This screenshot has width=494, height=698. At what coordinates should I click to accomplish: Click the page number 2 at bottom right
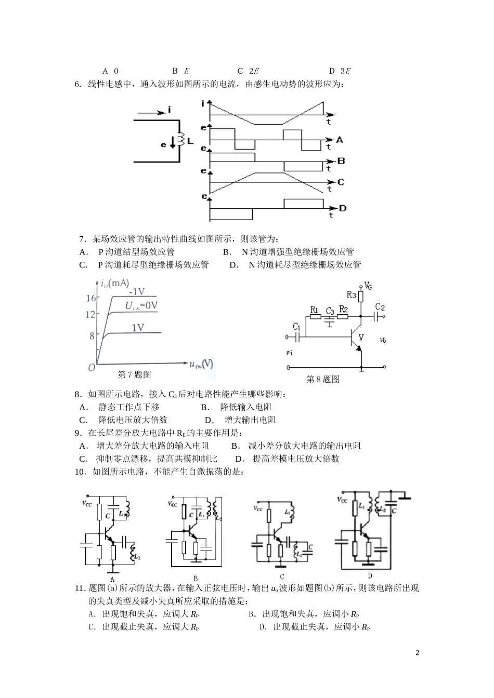417,652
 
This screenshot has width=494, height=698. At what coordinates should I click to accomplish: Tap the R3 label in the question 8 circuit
351,295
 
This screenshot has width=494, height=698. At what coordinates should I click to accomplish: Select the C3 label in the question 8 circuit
329,311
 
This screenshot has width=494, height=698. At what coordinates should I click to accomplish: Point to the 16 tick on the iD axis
91,298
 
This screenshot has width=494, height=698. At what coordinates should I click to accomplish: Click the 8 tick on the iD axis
92,335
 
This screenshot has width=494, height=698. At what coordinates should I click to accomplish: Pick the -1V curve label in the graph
137,291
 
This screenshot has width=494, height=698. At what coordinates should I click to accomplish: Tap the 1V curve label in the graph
138,327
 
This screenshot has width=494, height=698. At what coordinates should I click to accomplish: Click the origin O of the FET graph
91,367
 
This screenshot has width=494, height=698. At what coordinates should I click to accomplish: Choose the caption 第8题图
323,379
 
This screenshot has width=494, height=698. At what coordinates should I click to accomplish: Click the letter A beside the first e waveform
340,139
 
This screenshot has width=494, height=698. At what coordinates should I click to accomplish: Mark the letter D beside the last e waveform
343,208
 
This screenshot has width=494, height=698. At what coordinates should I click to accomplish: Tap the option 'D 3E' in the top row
340,71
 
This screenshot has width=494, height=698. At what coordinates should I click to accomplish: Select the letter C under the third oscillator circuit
282,576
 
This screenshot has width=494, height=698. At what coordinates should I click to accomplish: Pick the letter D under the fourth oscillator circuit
370,575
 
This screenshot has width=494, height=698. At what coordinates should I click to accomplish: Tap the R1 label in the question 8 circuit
314,310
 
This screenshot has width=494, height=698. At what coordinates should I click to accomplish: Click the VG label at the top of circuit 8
368,286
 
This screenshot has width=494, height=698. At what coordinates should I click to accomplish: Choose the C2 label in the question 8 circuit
380,306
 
